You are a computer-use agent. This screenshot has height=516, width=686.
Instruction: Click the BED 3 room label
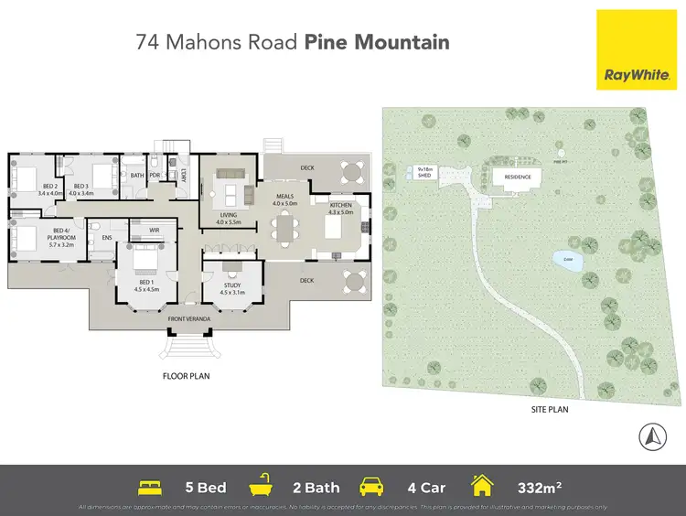point(80,189)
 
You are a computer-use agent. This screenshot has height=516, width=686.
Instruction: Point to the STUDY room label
point(231,288)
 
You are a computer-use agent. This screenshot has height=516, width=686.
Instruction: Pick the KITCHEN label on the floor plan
point(339,209)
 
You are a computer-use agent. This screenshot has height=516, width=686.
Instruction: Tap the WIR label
point(141,231)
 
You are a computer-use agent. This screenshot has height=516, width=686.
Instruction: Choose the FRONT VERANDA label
point(189,318)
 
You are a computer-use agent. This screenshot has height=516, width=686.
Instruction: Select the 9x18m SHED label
point(424,172)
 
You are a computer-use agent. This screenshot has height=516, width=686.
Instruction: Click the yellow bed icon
point(150,487)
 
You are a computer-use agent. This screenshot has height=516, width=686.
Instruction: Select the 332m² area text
point(536,487)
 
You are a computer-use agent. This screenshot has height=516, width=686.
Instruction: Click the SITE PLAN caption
point(550,409)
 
